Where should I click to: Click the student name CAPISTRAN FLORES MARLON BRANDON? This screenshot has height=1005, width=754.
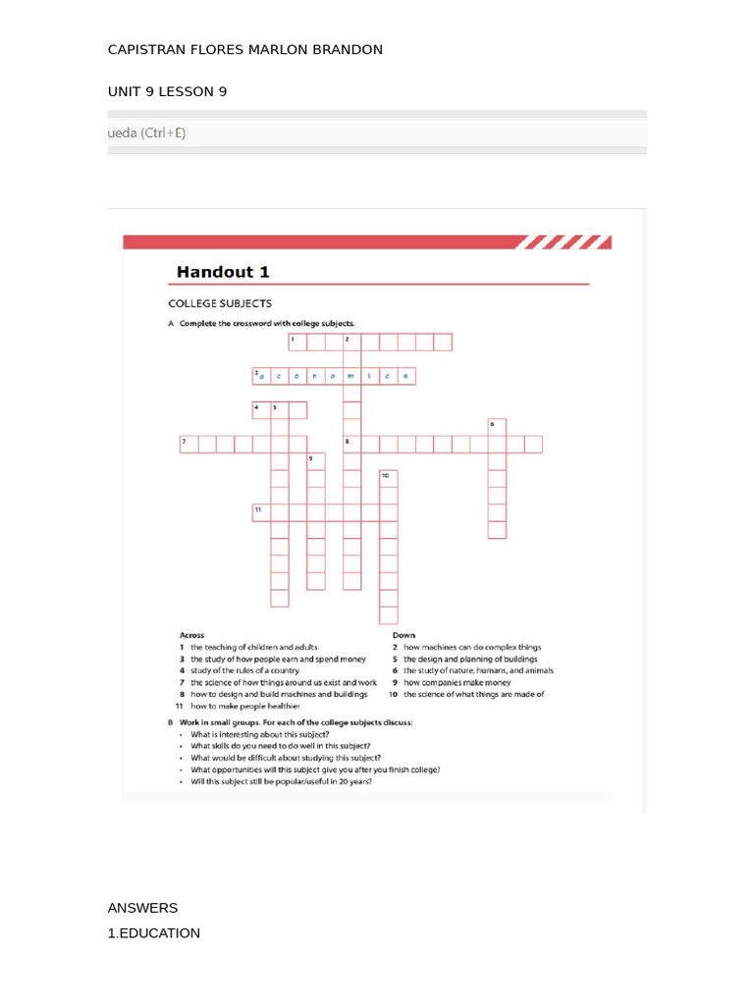click(x=244, y=49)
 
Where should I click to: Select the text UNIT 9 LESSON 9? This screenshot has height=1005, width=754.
click(x=167, y=91)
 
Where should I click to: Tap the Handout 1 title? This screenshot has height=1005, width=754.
click(x=222, y=272)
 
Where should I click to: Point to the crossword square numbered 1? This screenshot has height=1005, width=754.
click(x=297, y=342)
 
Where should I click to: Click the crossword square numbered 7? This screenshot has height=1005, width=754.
click(x=188, y=445)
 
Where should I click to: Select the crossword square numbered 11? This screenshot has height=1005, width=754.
click(x=261, y=512)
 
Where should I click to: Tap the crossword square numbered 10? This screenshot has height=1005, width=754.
click(x=389, y=478)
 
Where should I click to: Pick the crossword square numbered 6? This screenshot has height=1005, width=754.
click(x=497, y=427)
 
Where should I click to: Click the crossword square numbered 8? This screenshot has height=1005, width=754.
click(x=351, y=445)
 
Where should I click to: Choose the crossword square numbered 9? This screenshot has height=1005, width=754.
click(x=315, y=461)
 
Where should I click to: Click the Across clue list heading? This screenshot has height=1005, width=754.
click(x=191, y=635)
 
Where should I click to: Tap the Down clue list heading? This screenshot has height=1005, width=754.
click(x=403, y=635)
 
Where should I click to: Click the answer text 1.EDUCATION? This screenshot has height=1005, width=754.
click(x=154, y=933)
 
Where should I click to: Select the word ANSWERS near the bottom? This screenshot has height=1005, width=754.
click(x=142, y=908)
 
